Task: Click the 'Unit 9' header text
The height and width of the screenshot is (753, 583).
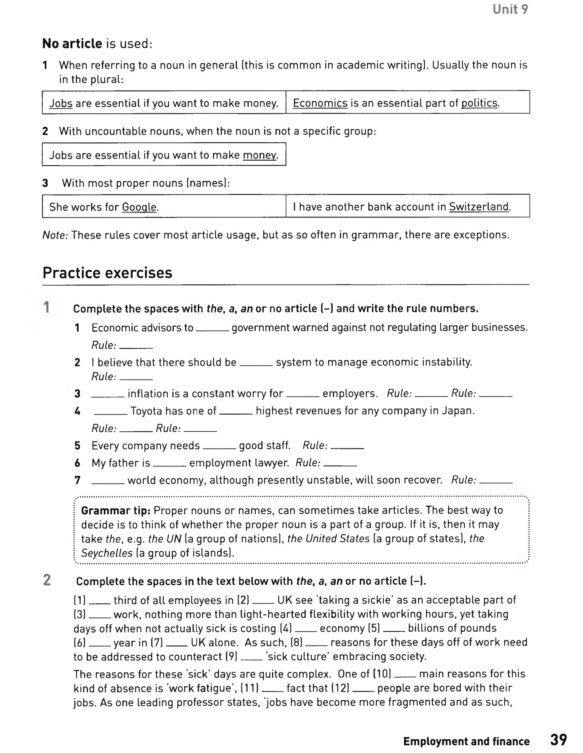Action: point(510,9)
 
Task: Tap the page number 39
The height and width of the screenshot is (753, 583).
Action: point(558,739)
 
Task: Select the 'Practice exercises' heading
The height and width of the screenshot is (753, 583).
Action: point(107,273)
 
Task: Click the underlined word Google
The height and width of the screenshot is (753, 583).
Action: point(139,207)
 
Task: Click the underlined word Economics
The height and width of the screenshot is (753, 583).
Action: point(320,103)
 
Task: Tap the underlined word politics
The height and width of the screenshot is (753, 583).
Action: point(480,103)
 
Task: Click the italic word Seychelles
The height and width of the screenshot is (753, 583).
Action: point(107,553)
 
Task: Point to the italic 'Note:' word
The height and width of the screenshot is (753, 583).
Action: point(55,235)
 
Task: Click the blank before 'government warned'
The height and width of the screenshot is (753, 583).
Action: point(212,328)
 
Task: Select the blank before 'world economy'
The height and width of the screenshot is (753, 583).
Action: point(108,481)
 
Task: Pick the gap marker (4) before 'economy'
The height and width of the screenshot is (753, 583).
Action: point(286,628)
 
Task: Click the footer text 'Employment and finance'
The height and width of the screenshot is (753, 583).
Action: point(466,741)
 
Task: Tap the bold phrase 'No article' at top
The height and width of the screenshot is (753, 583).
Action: point(72,44)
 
